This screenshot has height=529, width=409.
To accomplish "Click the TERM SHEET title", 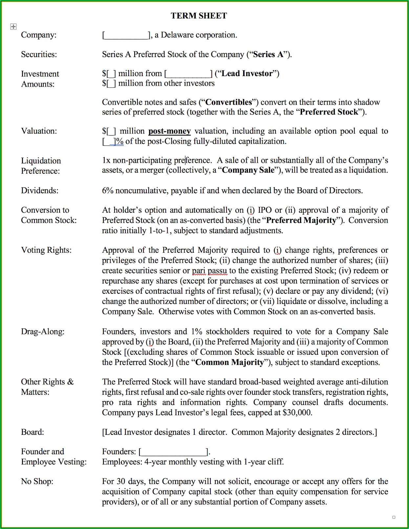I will (199, 16).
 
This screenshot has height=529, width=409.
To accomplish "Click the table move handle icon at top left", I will (13, 27).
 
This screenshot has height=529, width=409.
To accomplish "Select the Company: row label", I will (39, 35).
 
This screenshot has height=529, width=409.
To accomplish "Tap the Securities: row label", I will (39, 54).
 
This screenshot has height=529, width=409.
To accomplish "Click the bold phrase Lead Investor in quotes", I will (247, 74).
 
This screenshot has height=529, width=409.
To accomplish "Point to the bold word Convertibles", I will (228, 102).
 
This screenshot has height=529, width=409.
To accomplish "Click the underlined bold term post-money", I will (169, 131).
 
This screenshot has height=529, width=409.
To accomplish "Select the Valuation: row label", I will (39, 131).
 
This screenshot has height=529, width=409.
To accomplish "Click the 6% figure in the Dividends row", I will (107, 191).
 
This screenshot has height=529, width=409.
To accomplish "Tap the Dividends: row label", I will (39, 191).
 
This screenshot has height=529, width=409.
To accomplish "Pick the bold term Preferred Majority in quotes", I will (301, 220).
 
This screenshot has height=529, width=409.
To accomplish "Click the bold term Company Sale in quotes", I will (248, 170).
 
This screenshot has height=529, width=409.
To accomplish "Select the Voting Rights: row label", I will (46, 250).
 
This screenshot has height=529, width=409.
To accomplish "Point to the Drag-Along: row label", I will (43, 332).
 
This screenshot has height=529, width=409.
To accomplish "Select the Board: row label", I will (32, 432).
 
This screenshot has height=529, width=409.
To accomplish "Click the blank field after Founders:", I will (173, 452).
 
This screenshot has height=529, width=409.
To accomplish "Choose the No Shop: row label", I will (37, 482).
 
